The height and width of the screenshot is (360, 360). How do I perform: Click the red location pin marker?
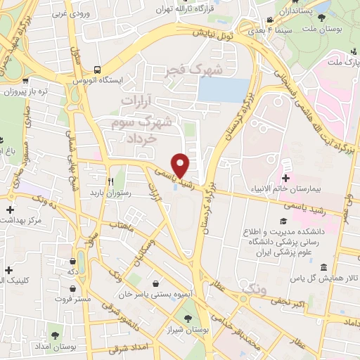(x=181, y=166)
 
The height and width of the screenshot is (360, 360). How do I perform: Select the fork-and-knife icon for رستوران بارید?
(x=110, y=180)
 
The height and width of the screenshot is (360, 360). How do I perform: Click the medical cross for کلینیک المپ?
(x=8, y=269)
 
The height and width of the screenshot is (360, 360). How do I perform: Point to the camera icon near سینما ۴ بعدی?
(x=271, y=21)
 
